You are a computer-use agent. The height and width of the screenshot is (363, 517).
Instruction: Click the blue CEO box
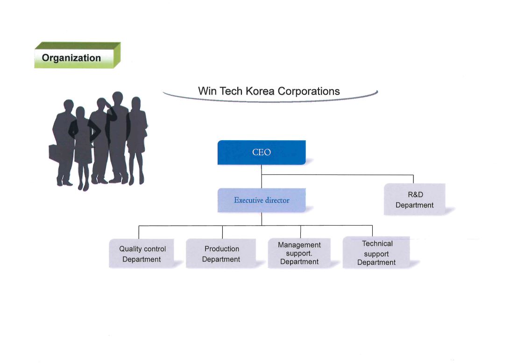262,152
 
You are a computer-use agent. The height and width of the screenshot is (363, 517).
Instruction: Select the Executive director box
262,200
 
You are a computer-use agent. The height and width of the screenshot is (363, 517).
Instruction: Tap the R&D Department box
414,199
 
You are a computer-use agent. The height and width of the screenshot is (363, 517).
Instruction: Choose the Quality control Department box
142,253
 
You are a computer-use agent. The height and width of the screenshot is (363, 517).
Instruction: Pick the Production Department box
221,253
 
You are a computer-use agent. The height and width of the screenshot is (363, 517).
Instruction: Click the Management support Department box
299,253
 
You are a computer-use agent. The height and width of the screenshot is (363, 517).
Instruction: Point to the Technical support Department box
376,253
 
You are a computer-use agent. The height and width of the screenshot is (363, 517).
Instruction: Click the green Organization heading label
78,56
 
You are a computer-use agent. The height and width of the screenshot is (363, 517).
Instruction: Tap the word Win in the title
207,91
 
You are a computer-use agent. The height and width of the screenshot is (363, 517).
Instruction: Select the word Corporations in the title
309,91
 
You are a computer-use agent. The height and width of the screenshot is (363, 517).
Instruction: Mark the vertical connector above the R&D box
413,179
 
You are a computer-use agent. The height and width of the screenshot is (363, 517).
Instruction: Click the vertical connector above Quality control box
139,232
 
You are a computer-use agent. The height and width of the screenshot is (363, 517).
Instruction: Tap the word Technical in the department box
377,244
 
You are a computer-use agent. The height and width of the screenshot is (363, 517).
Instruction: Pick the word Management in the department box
299,245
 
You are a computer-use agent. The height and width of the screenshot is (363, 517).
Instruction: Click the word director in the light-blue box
277,200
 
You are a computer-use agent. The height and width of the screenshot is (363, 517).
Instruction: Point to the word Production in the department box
221,249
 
